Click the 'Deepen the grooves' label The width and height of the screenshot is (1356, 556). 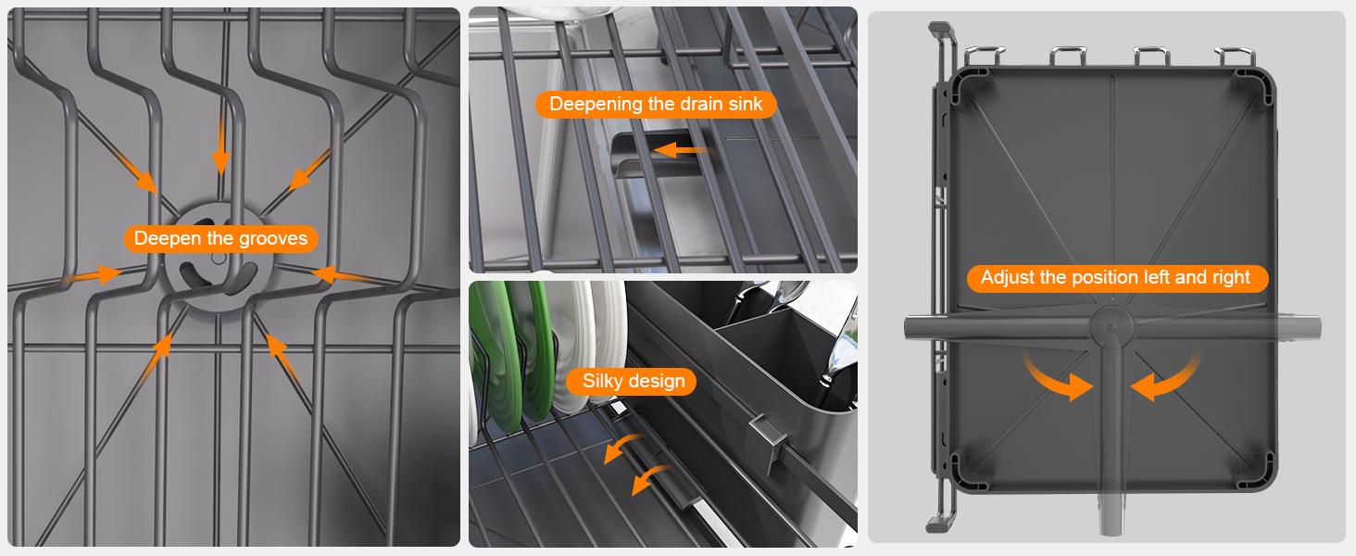click(221, 239)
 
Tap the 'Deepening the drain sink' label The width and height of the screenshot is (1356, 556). click(656, 104)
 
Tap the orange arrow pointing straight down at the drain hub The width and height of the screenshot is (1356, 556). click(221, 145)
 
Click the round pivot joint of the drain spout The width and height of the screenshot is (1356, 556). click(1111, 327)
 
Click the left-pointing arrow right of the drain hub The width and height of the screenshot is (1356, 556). click(345, 275)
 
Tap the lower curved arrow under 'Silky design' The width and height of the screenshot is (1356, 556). click(650, 478)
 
